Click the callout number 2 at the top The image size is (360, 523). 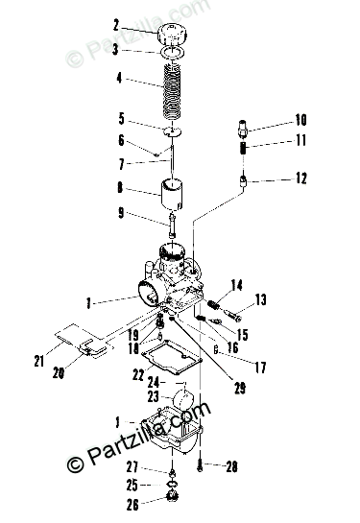click(116, 25)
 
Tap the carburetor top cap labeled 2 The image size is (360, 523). click(172, 34)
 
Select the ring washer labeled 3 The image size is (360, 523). click(172, 53)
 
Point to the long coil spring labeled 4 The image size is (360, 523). click(172, 92)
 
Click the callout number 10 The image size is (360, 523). click(300, 120)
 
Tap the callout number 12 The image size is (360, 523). click(300, 178)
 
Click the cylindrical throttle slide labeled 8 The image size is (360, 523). click(172, 195)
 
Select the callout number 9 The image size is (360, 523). click(121, 213)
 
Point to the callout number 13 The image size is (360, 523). click(260, 299)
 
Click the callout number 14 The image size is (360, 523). click(236, 285)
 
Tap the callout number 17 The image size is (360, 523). click(260, 368)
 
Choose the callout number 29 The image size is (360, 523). click(240, 388)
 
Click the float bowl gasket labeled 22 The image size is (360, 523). click(172, 358)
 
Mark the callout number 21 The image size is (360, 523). click(38, 361)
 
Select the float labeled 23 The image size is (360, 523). click(183, 398)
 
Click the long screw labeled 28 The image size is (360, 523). click(200, 465)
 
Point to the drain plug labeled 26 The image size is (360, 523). click(173, 495)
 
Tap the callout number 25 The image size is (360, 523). click(132, 486)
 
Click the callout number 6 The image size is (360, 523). click(121, 140)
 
